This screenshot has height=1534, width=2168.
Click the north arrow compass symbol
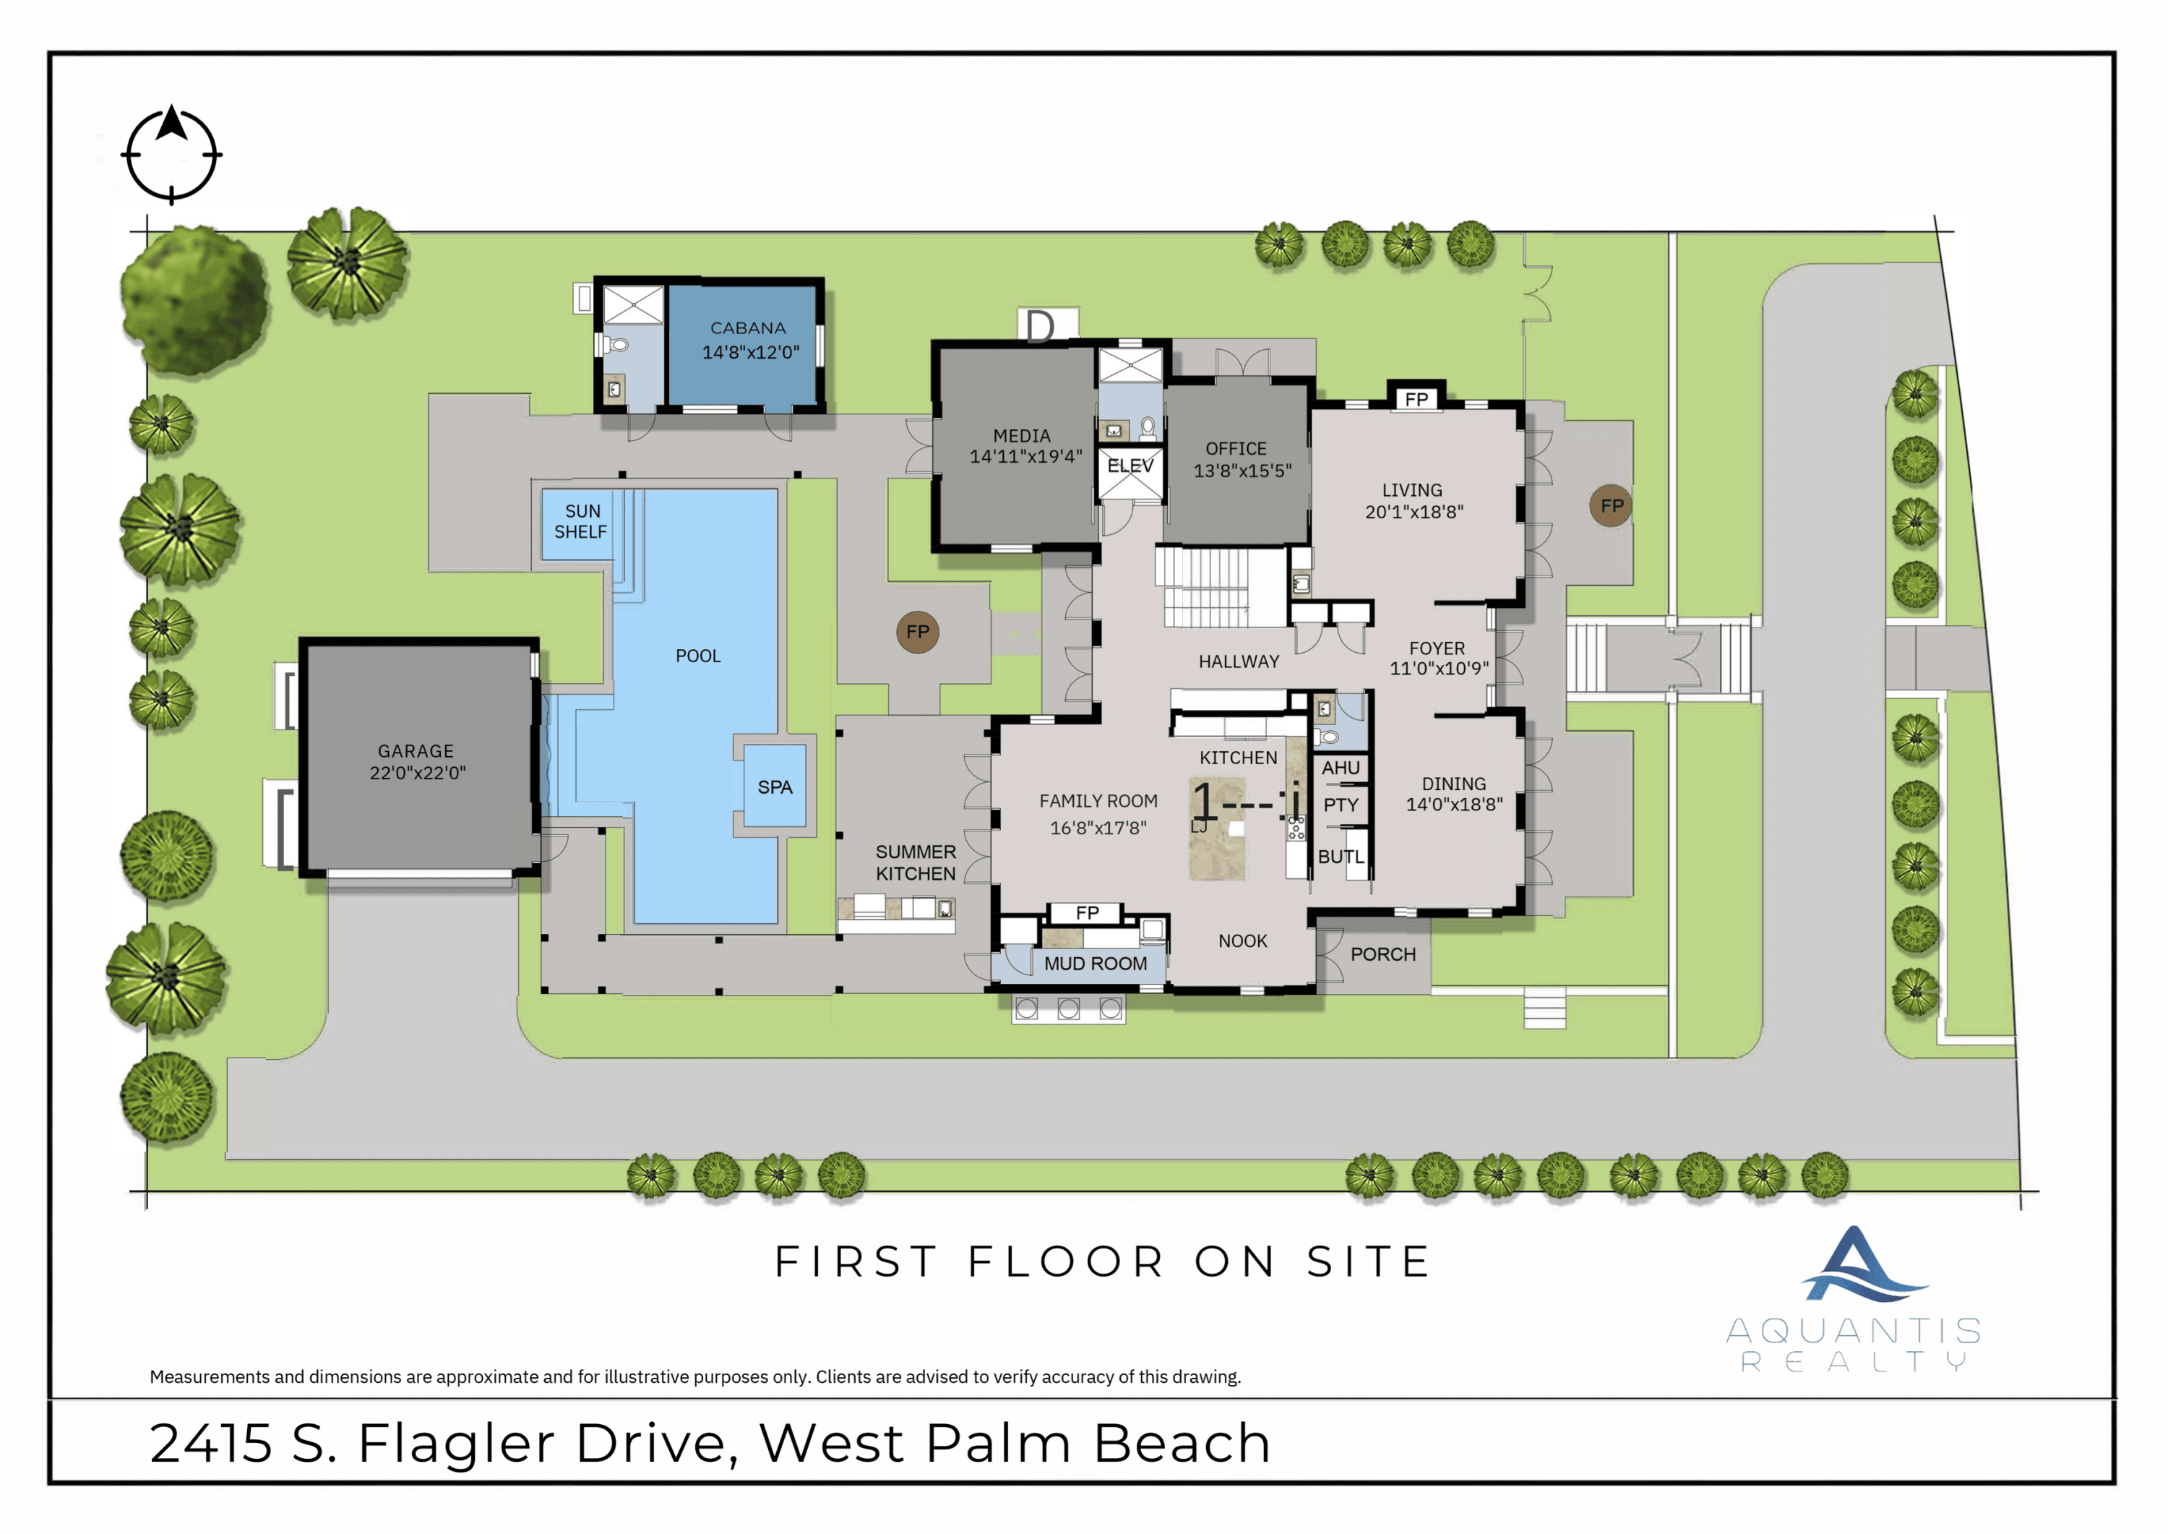(172, 154)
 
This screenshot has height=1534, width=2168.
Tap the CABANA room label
(748, 327)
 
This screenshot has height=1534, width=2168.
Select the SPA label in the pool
(774, 787)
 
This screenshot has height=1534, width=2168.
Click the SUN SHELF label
(581, 521)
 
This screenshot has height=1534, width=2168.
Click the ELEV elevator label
(1130, 466)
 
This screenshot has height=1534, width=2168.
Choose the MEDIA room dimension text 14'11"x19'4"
(1025, 456)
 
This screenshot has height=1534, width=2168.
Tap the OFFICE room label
(1235, 449)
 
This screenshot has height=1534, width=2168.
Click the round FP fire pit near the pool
(917, 632)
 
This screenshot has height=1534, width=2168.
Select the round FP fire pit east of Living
(1611, 505)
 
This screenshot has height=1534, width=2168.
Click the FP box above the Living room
(1416, 398)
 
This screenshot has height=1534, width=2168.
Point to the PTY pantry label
(1340, 805)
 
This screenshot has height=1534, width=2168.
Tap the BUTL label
(1340, 857)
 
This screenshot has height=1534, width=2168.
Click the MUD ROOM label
(1096, 964)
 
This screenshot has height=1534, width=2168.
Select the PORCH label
(1382, 954)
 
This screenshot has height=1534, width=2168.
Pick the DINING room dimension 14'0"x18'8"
(1454, 805)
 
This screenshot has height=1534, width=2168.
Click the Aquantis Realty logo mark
(1857, 1266)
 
